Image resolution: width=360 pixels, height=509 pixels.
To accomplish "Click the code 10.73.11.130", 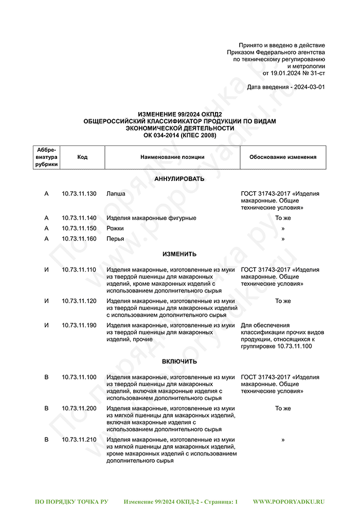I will click(x=79, y=194).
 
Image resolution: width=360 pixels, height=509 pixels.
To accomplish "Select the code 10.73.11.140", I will click(x=79, y=218).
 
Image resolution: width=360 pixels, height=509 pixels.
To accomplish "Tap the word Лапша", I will click(x=116, y=194).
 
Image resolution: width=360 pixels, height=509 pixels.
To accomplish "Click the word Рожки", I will click(x=115, y=228).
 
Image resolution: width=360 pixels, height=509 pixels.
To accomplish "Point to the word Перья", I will click(x=115, y=239).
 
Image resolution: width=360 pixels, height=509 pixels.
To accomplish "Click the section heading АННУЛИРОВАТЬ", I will click(x=179, y=179).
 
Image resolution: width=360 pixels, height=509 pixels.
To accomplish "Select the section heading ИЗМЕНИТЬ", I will click(x=179, y=254).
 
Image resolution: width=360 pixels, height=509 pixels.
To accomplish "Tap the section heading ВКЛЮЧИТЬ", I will click(x=179, y=362).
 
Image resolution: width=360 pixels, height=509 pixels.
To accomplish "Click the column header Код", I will click(x=82, y=157).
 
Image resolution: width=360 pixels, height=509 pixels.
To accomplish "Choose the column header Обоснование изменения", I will click(x=283, y=157).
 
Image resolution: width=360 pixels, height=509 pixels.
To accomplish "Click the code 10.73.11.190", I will click(x=79, y=325).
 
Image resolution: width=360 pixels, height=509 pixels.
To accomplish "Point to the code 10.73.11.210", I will click(x=79, y=440).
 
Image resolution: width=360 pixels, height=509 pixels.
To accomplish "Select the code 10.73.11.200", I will click(x=79, y=408).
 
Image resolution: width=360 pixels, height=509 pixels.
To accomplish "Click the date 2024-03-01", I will click(x=309, y=87).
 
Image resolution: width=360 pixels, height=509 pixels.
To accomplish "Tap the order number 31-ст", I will click(x=317, y=74).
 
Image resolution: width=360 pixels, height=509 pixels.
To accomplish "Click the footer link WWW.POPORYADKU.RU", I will click(x=289, y=501).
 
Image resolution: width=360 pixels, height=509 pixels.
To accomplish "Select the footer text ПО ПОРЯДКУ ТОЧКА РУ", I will click(x=71, y=501).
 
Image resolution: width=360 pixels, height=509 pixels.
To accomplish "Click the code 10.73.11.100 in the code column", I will click(x=79, y=377).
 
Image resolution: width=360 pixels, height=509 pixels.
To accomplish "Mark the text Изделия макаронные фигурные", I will click(x=151, y=218).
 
